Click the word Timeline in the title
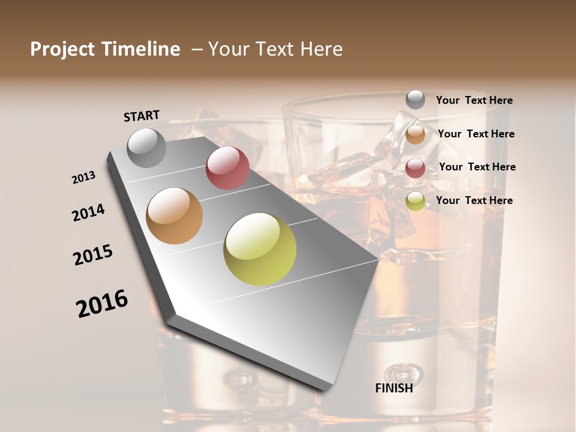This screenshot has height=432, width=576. (x=142, y=49)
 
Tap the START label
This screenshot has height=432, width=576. (x=142, y=116)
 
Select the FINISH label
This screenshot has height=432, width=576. (x=394, y=388)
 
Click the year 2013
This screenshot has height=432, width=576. (x=84, y=178)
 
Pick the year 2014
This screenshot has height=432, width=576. (x=89, y=213)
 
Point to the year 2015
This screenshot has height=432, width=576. (x=93, y=255)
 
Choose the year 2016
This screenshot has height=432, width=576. (x=102, y=304)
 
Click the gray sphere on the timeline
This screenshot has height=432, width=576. (x=147, y=148)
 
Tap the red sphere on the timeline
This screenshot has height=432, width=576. (x=227, y=168)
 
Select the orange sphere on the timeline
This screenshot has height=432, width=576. (x=175, y=216)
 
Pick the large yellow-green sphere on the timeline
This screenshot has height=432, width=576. (x=260, y=249)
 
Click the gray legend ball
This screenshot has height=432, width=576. (x=415, y=100)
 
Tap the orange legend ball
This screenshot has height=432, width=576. (x=415, y=134)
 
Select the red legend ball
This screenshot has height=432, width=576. (x=415, y=168)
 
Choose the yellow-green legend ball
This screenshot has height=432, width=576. (x=415, y=201)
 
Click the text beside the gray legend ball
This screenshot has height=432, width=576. (x=474, y=101)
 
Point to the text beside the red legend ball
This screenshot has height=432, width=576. (x=477, y=167)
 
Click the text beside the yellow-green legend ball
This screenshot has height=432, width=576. (x=474, y=200)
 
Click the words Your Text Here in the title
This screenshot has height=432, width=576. (x=275, y=49)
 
